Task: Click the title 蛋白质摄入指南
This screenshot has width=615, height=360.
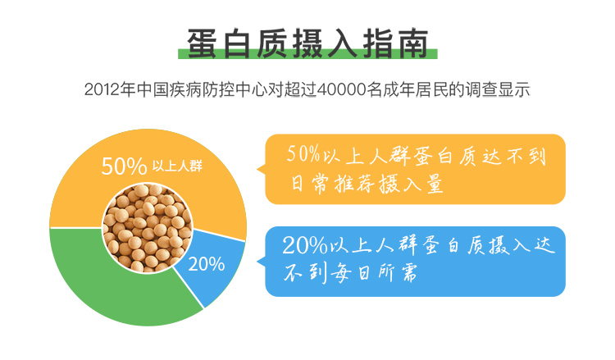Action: point(307,43)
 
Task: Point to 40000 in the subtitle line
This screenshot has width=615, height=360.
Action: point(341,90)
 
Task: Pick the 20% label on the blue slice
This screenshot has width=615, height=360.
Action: point(207,264)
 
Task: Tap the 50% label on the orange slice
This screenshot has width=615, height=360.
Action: point(124,166)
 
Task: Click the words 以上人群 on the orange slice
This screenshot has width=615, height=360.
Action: point(177,166)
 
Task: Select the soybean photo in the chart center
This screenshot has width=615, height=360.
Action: point(148,228)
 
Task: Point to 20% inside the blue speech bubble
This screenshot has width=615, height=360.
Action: point(305,245)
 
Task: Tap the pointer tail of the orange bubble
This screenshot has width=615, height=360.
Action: point(261,169)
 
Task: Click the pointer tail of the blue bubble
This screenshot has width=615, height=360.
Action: point(261,261)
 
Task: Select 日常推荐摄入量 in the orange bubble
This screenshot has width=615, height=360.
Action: point(367,184)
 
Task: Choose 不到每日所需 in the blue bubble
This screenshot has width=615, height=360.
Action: point(351,272)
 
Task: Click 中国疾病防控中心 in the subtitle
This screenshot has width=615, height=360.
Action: point(203,90)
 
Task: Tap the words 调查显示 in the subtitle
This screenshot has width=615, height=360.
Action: point(498,90)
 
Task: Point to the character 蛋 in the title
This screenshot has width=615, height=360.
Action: point(202,43)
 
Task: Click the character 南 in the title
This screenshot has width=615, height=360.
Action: point(413,43)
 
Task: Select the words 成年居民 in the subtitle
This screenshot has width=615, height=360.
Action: point(416,90)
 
